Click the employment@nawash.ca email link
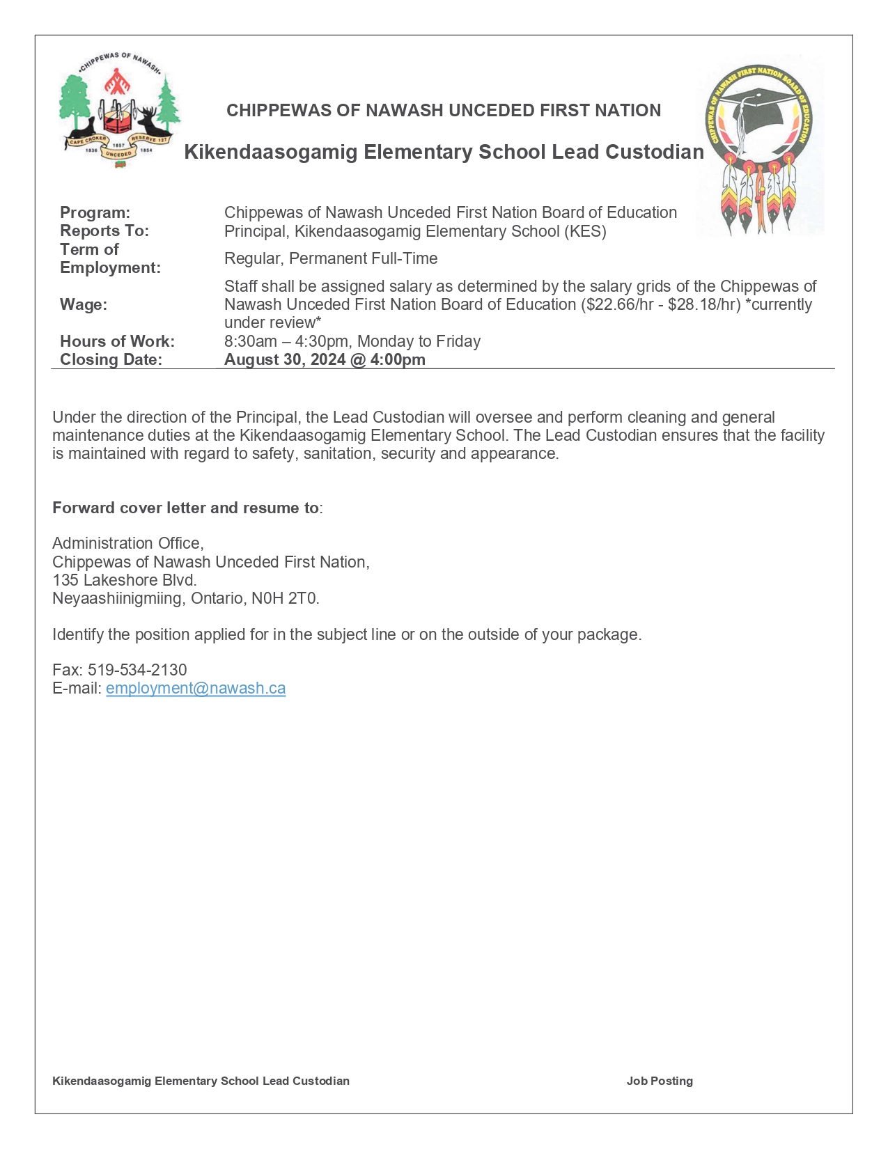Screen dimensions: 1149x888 point(196,688)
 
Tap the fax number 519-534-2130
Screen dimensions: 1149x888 point(137,670)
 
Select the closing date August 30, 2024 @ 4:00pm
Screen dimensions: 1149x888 point(325,359)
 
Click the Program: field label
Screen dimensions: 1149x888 point(95,212)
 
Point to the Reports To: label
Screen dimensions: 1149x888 point(104,230)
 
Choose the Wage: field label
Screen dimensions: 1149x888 point(84,304)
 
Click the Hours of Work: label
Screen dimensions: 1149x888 point(117,341)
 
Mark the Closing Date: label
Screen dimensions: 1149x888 point(111,359)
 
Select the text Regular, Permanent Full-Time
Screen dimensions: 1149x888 point(331,258)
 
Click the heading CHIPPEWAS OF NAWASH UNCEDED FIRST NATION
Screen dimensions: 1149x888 point(444,110)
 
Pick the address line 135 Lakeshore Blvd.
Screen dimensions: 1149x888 point(125,580)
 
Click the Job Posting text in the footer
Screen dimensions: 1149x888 point(660,1081)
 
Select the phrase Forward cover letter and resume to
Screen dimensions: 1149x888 point(185,508)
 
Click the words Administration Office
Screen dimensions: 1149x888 point(127,543)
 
